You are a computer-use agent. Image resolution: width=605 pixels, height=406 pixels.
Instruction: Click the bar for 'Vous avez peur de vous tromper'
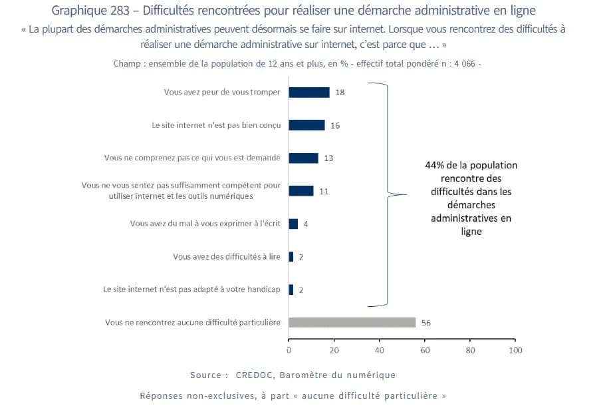(309, 93)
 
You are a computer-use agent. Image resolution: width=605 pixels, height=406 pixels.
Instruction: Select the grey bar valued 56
(352, 322)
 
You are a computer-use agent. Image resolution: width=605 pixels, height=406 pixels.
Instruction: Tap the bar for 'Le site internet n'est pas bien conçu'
(307, 125)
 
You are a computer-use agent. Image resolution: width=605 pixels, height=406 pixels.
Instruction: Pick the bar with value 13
(304, 158)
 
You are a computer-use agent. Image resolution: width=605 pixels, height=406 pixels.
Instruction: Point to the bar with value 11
(301, 191)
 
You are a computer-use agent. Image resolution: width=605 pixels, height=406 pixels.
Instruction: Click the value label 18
(340, 93)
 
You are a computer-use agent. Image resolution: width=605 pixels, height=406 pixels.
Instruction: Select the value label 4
(306, 224)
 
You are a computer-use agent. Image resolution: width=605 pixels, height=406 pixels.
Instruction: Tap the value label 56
(426, 322)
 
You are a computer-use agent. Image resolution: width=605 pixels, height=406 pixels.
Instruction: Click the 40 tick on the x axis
(380, 349)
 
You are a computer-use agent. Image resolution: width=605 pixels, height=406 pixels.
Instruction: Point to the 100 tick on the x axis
(514, 349)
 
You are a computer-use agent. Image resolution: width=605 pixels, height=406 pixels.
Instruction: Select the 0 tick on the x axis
(289, 349)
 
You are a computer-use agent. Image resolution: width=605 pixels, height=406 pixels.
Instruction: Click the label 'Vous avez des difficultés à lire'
(227, 256)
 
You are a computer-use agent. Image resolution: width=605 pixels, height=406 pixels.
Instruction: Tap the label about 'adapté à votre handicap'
(193, 290)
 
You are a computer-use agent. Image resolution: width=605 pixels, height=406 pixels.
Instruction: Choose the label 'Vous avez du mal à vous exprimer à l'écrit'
(205, 224)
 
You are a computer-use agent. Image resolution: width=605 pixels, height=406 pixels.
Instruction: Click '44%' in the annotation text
(436, 165)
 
